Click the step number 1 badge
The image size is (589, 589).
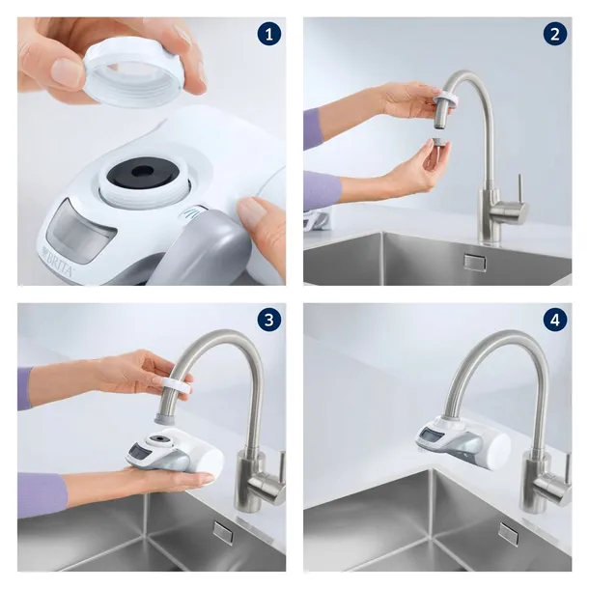pyautogui.click(x=268, y=36)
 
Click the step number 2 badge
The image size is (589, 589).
pyautogui.click(x=554, y=36)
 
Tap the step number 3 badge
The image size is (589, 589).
pyautogui.click(x=268, y=322)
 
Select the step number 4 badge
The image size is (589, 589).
pyautogui.click(x=554, y=322)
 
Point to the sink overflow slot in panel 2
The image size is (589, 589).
pyautogui.click(x=474, y=260)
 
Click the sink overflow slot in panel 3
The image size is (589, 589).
pyautogui.click(x=221, y=530)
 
